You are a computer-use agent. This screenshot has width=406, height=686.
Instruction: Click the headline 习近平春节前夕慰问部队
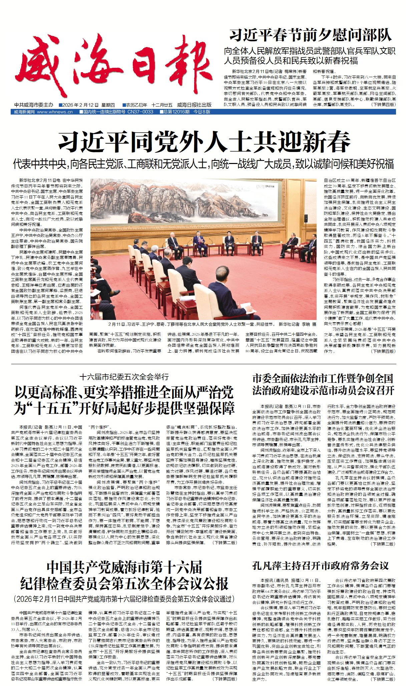[310, 35]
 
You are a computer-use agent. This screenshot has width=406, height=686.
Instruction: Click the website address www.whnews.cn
[55, 112]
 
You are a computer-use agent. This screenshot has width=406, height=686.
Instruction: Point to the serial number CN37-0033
[140, 112]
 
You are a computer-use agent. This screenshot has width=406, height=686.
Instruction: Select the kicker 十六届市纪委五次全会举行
[124, 377]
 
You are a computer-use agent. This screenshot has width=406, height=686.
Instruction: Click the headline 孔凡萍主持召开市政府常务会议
[320, 566]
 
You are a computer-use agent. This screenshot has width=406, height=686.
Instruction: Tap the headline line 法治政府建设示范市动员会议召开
[323, 390]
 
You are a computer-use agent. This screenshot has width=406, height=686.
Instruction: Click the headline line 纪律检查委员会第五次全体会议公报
[124, 583]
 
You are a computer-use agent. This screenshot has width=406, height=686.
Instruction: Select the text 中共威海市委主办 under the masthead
[34, 105]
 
